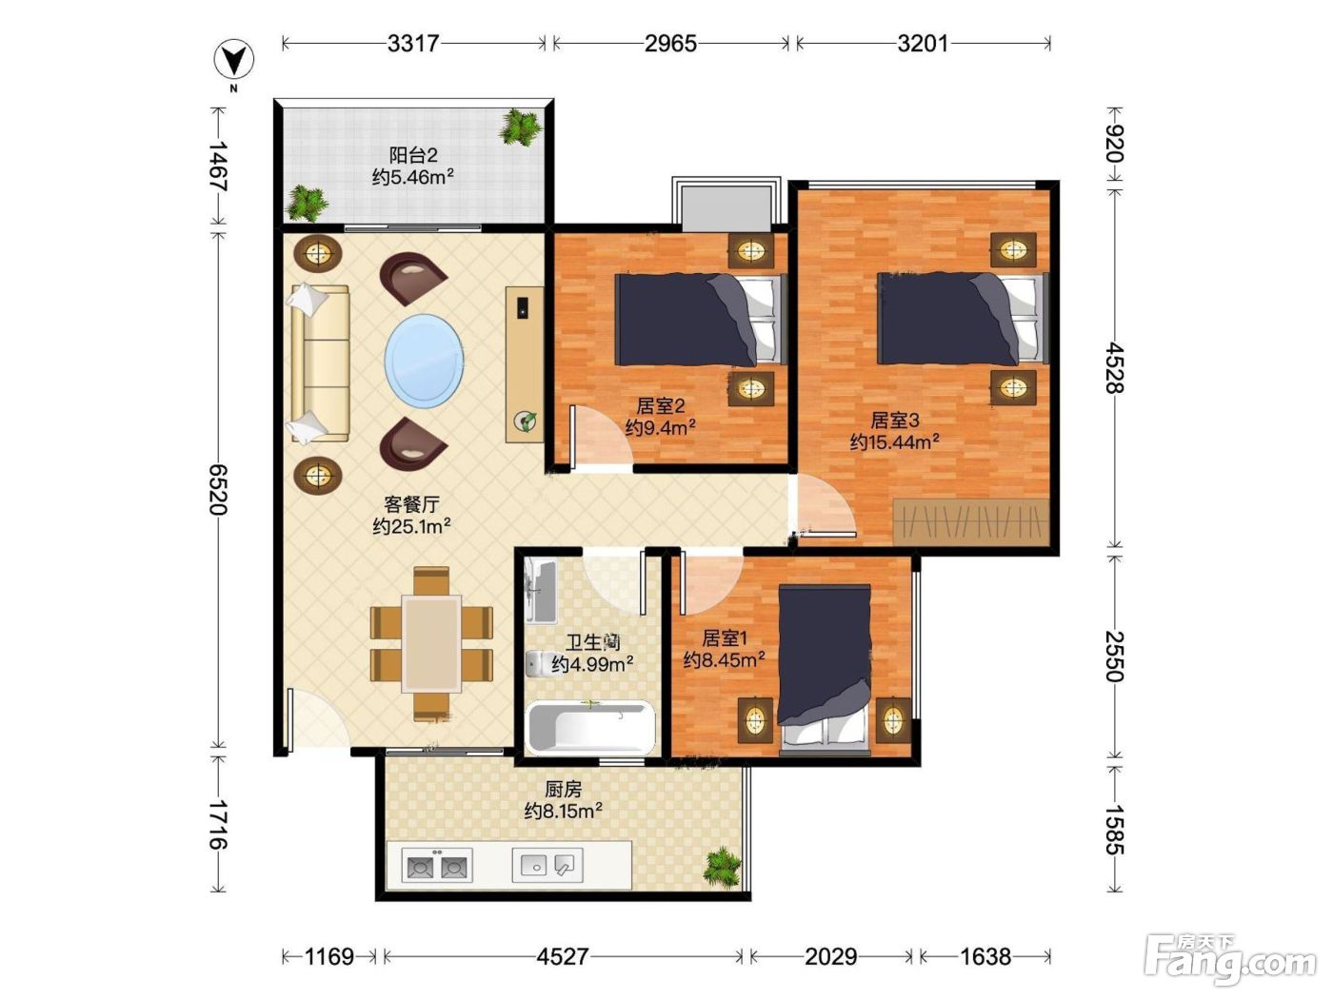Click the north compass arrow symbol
[x=234, y=61]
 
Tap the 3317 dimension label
[x=413, y=44]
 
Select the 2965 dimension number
[x=670, y=44]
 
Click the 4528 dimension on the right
[x=1114, y=368]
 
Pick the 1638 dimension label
[x=985, y=956]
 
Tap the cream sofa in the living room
[x=320, y=363]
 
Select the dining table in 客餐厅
[x=431, y=643]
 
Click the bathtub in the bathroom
[x=591, y=727]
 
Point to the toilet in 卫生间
[x=538, y=663]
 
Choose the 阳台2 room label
[x=413, y=155]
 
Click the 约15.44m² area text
[x=894, y=441]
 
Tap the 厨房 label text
[x=563, y=789]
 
